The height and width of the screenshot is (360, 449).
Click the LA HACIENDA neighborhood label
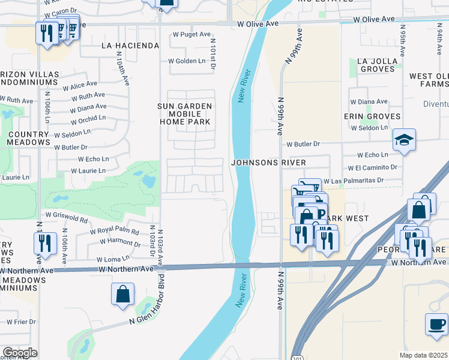coord(130,46)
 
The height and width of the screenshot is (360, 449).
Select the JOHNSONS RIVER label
coord(269,163)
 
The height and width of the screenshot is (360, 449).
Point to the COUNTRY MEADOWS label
coord(28,138)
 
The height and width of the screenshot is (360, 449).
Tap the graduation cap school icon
coord(405,141)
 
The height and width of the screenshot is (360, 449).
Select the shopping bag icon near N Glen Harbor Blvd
coord(122,294)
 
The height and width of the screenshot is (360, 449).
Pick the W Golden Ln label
coord(187,61)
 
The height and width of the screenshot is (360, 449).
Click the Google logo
coord(20,353)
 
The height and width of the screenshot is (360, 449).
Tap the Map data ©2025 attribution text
coord(424,355)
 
